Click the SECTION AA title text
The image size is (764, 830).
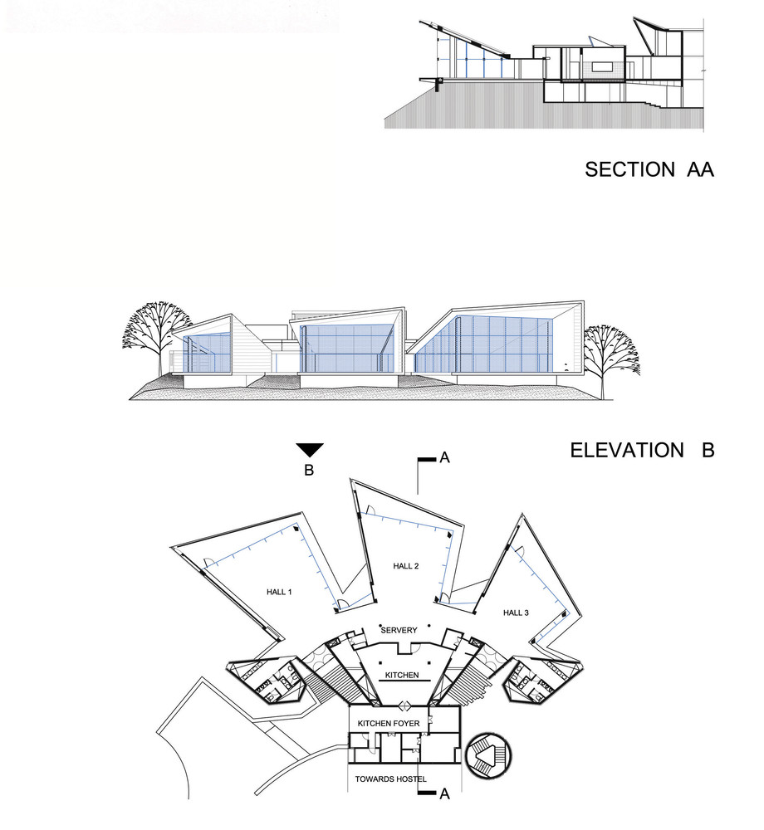pyautogui.click(x=649, y=169)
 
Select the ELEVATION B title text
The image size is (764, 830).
pyautogui.click(x=642, y=451)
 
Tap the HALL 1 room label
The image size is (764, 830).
pyautogui.click(x=279, y=592)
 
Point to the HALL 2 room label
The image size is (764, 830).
pyautogui.click(x=406, y=566)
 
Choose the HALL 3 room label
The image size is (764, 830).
pyautogui.click(x=516, y=613)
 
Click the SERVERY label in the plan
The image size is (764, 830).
pyautogui.click(x=399, y=630)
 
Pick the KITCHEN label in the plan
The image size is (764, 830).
pyautogui.click(x=402, y=675)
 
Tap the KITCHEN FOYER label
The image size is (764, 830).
pyautogui.click(x=389, y=723)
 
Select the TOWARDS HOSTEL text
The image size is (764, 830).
pyautogui.click(x=391, y=779)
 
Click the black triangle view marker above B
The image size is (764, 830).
pyautogui.click(x=309, y=450)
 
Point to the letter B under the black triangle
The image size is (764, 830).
pyautogui.click(x=309, y=470)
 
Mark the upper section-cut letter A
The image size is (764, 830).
pyautogui.click(x=444, y=457)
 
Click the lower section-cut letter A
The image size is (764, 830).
pyautogui.click(x=444, y=794)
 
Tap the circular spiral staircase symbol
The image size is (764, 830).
pyautogui.click(x=488, y=755)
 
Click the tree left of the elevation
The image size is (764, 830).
pyautogui.click(x=157, y=338)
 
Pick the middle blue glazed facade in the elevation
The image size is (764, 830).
pyautogui.click(x=347, y=349)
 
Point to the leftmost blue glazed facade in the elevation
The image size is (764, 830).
pyautogui.click(x=207, y=353)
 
